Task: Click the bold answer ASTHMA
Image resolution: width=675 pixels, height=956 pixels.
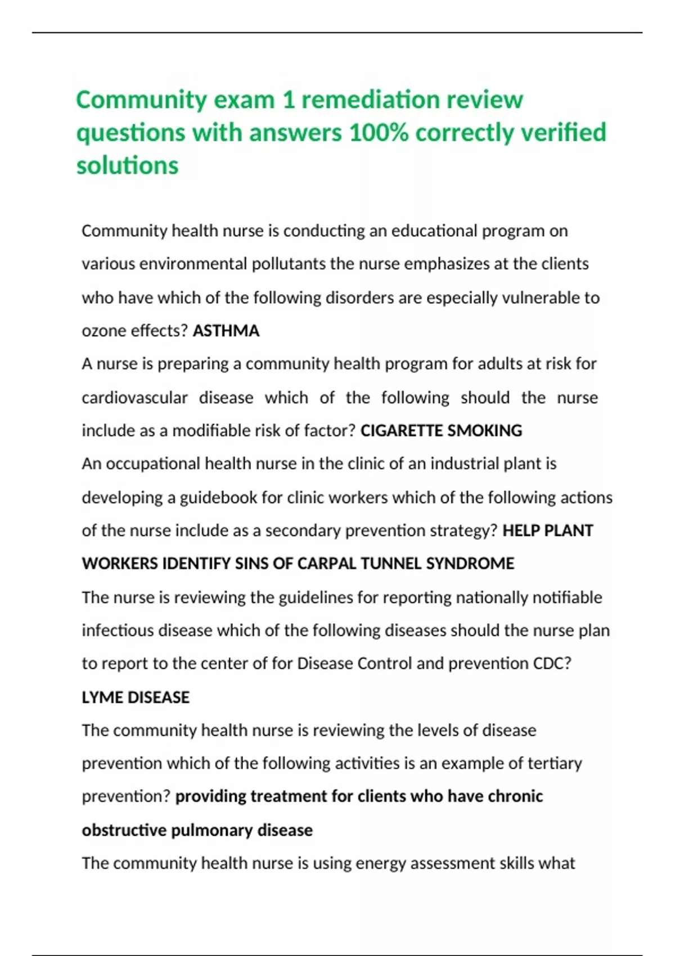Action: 226,331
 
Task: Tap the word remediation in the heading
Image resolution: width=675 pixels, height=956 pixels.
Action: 371,100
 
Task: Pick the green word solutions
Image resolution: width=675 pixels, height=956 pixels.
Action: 127,166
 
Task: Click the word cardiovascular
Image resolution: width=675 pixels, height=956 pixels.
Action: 134,398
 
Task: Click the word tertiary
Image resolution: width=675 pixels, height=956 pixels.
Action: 555,764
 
